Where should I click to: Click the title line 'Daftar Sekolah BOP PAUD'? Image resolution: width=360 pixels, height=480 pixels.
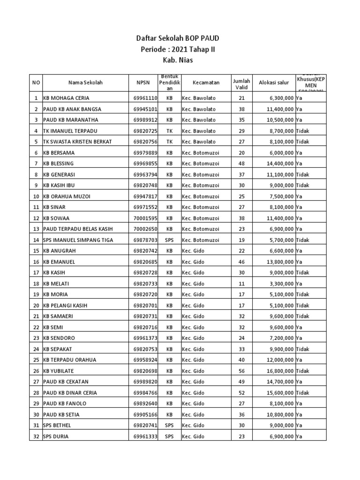pyautogui.click(x=180, y=39)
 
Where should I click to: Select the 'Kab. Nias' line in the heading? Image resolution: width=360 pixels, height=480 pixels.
pyautogui.click(x=180, y=60)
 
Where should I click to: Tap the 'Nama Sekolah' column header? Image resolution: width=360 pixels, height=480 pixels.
pyautogui.click(x=85, y=82)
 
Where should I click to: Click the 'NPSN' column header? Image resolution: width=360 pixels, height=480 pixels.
pyautogui.click(x=144, y=82)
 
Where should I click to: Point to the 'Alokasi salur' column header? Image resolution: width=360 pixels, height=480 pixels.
pyautogui.click(x=274, y=82)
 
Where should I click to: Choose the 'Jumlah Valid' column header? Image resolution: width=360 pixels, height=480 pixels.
pyautogui.click(x=242, y=82)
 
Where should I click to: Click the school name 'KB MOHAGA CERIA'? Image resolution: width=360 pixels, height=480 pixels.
pyautogui.click(x=66, y=98)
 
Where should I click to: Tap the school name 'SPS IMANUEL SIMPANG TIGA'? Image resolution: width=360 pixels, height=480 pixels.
pyautogui.click(x=78, y=240)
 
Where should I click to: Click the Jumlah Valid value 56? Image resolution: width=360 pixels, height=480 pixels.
pyautogui.click(x=242, y=371)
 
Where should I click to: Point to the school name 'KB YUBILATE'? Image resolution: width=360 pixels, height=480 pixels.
pyautogui.click(x=59, y=371)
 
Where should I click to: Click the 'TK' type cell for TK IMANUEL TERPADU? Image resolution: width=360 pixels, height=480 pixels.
pyautogui.click(x=170, y=131)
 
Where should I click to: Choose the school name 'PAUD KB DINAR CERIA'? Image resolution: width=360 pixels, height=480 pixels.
pyautogui.click(x=70, y=393)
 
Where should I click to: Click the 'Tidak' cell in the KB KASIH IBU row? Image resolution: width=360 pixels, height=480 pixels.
pyautogui.click(x=303, y=185)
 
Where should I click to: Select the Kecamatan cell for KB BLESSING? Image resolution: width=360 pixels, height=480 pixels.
pyautogui.click(x=200, y=164)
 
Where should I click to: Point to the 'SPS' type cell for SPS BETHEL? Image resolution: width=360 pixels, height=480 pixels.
pyautogui.click(x=170, y=426)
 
